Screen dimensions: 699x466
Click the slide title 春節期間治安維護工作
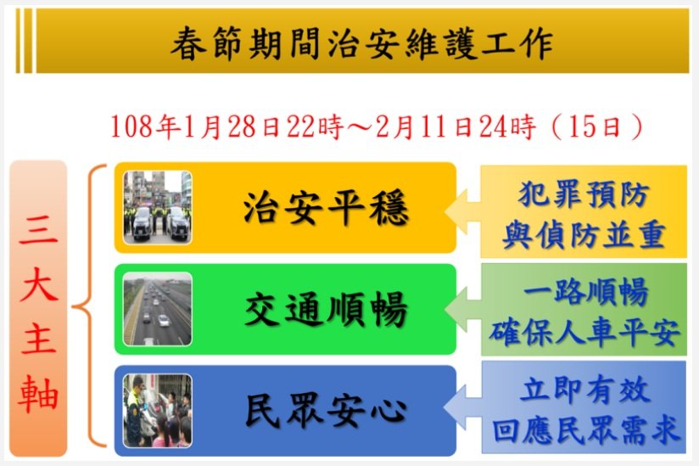point(362,43)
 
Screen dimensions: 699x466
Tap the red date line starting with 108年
point(377,126)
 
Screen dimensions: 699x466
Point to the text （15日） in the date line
point(597,126)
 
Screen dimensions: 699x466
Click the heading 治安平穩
point(326,208)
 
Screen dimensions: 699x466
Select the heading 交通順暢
point(326,309)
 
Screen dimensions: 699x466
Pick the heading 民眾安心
point(326,411)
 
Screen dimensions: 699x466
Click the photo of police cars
point(158,207)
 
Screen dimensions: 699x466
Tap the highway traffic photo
point(158,309)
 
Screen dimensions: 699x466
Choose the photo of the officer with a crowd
point(158,411)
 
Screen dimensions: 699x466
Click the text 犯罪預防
point(584,194)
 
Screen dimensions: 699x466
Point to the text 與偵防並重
point(584,234)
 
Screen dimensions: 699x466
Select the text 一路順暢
point(585,292)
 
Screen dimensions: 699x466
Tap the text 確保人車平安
point(584,332)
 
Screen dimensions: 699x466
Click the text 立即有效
point(584,390)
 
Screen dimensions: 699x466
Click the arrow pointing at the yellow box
point(462,211)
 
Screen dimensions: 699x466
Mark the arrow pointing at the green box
point(462,309)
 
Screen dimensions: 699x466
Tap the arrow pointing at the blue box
point(462,407)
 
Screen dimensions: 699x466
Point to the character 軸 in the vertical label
point(38,394)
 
